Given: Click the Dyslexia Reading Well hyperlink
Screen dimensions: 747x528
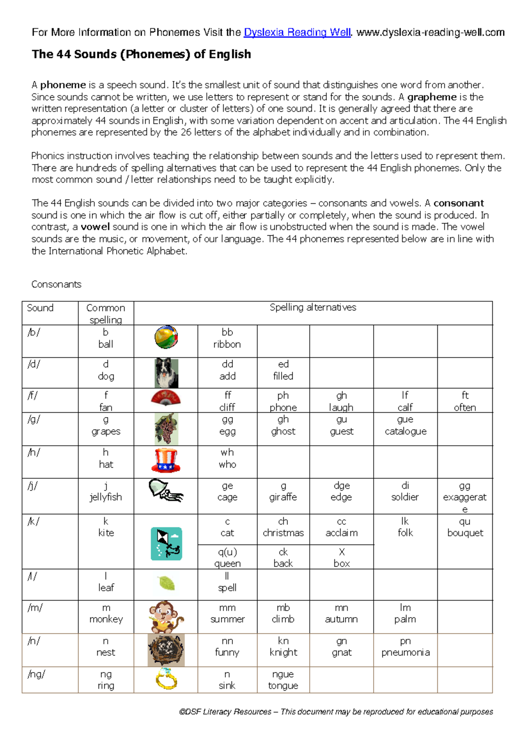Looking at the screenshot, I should point(297,33).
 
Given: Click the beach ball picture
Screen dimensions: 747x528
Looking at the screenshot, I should point(166,337).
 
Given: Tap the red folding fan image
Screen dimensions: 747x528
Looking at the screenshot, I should point(166,398).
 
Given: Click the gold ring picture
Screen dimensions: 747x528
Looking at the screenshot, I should point(166,679).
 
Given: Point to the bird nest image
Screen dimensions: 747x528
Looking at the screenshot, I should point(166,650).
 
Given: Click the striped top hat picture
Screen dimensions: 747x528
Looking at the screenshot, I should point(166,461).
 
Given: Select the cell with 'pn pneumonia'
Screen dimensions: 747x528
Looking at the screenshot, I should point(405,647).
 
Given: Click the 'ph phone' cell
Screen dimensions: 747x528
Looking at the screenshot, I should point(283,401).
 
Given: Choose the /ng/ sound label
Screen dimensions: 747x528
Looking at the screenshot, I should point(37,674).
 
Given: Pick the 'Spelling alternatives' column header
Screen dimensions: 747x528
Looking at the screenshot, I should point(313,308).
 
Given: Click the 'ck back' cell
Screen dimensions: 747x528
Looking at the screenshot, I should point(283,557).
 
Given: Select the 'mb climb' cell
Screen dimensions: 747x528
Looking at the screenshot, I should point(283,613).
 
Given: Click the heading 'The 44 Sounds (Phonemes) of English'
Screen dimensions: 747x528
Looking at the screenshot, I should point(141,54).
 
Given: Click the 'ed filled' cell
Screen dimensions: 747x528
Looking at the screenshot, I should point(283,370).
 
